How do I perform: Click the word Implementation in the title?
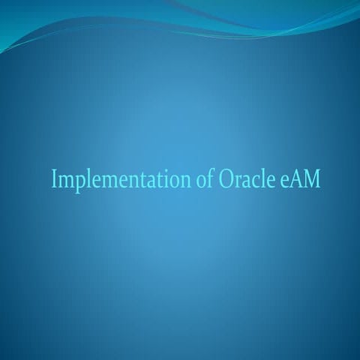(x=118, y=180)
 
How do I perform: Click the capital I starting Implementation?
(x=54, y=180)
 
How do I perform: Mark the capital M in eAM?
(x=311, y=180)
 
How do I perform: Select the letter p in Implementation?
(x=76, y=183)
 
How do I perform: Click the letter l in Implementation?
(x=85, y=179)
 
